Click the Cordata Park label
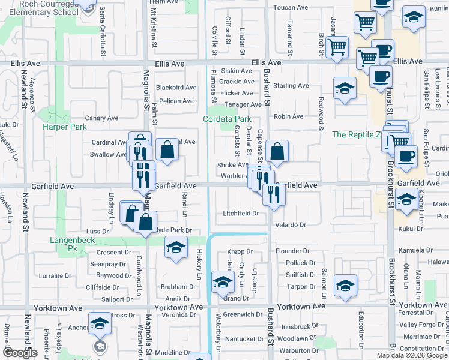point(226,119)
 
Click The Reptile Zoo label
point(357,134)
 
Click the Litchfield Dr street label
point(240,213)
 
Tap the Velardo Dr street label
point(291,225)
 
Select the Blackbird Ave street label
point(176,88)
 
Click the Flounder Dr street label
point(292,251)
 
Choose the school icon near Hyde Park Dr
point(175,248)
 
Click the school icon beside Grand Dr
point(223,281)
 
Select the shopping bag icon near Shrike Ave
point(277,152)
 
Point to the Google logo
point(20,353)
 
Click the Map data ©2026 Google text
point(412,355)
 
